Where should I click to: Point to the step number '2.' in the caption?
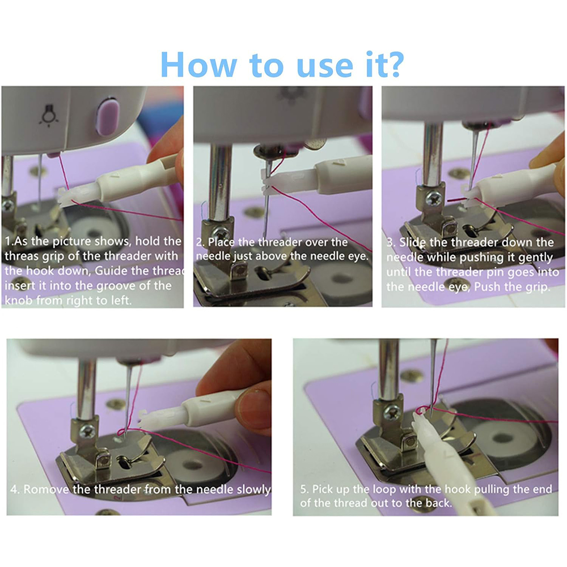(200, 242)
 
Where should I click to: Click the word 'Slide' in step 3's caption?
(413, 242)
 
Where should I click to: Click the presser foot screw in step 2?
(221, 234)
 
